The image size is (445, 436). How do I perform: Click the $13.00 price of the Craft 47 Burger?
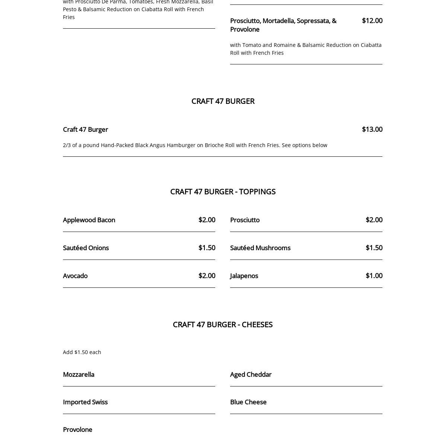click(x=372, y=129)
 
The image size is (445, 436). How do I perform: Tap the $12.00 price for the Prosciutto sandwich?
click(x=372, y=20)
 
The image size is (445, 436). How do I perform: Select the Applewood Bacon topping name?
click(x=89, y=220)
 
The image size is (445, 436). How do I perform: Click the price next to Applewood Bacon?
click(x=207, y=220)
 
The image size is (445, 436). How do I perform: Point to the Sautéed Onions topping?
click(x=86, y=248)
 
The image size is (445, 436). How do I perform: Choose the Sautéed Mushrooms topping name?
click(x=260, y=248)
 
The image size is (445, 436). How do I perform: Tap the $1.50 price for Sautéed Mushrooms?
click(x=374, y=248)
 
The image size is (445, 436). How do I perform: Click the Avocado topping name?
click(x=75, y=276)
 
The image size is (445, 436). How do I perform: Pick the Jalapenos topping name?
click(x=244, y=276)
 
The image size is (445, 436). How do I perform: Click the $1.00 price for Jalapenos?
click(x=374, y=276)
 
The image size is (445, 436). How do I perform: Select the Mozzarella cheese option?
click(x=79, y=374)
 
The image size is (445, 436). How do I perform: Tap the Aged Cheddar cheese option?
click(x=251, y=374)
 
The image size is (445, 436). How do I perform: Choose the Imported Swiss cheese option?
click(x=85, y=402)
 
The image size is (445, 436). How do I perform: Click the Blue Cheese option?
click(x=248, y=402)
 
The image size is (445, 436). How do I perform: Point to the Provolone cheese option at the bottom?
click(x=77, y=429)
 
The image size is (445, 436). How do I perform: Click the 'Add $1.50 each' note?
click(x=82, y=352)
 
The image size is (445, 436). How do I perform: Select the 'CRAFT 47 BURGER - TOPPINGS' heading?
click(x=223, y=191)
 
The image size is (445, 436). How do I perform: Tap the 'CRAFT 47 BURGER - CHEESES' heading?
click(x=223, y=324)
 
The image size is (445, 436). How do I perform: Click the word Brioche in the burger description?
click(x=215, y=145)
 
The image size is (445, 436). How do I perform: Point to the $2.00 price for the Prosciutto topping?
click(x=374, y=220)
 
